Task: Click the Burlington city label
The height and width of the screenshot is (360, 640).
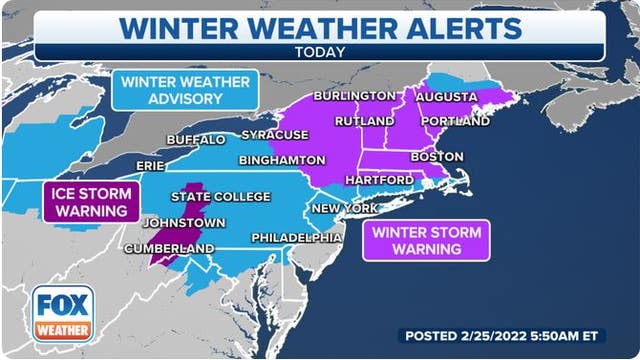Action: [354, 96]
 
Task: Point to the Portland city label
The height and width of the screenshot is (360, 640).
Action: [456, 121]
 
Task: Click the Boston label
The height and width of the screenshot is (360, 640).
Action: [438, 157]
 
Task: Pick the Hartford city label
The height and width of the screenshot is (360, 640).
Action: [382, 179]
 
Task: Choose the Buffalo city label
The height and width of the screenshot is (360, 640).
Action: [196, 139]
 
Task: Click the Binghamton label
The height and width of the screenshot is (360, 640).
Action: [282, 160]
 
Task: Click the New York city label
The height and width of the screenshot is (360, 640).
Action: [344, 208]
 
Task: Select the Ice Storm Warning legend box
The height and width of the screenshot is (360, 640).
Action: [90, 201]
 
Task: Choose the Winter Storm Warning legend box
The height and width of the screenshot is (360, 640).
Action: [427, 241]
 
